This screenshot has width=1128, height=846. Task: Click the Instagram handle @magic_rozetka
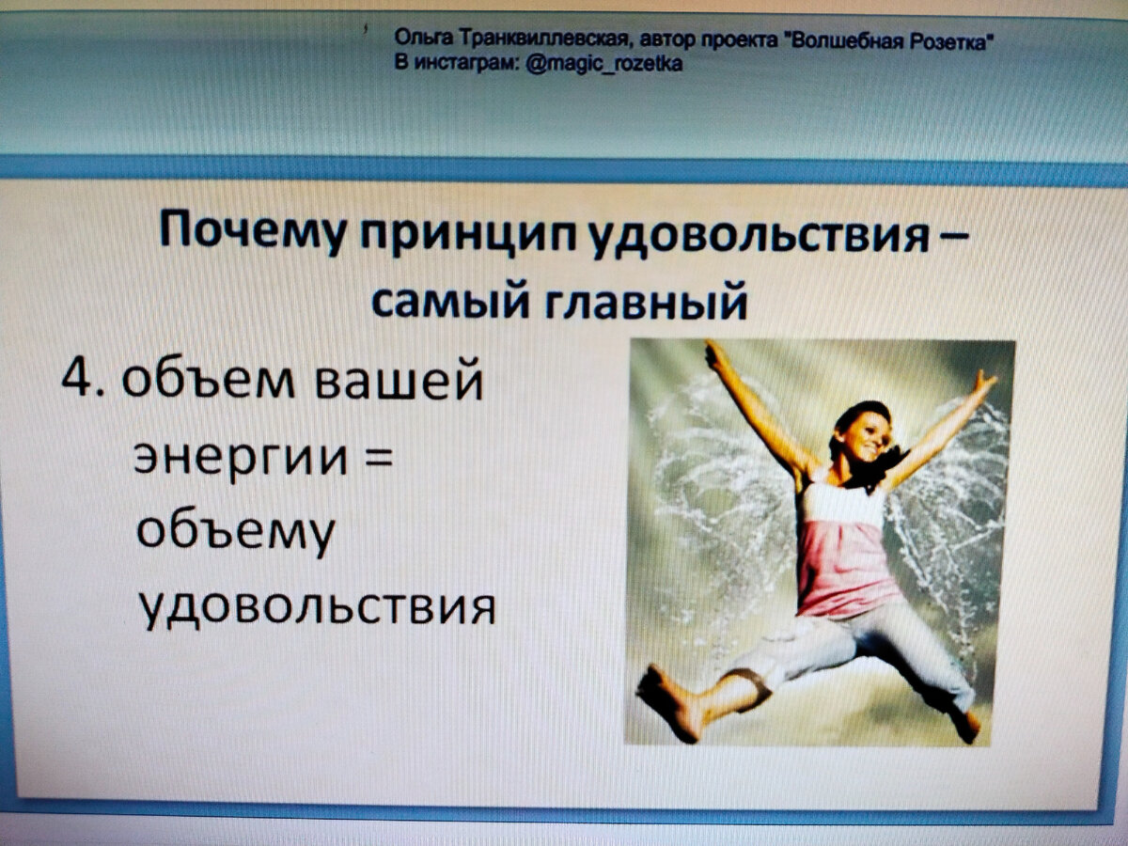click(x=603, y=63)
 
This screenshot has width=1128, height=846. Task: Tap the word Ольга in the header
click(x=422, y=38)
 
